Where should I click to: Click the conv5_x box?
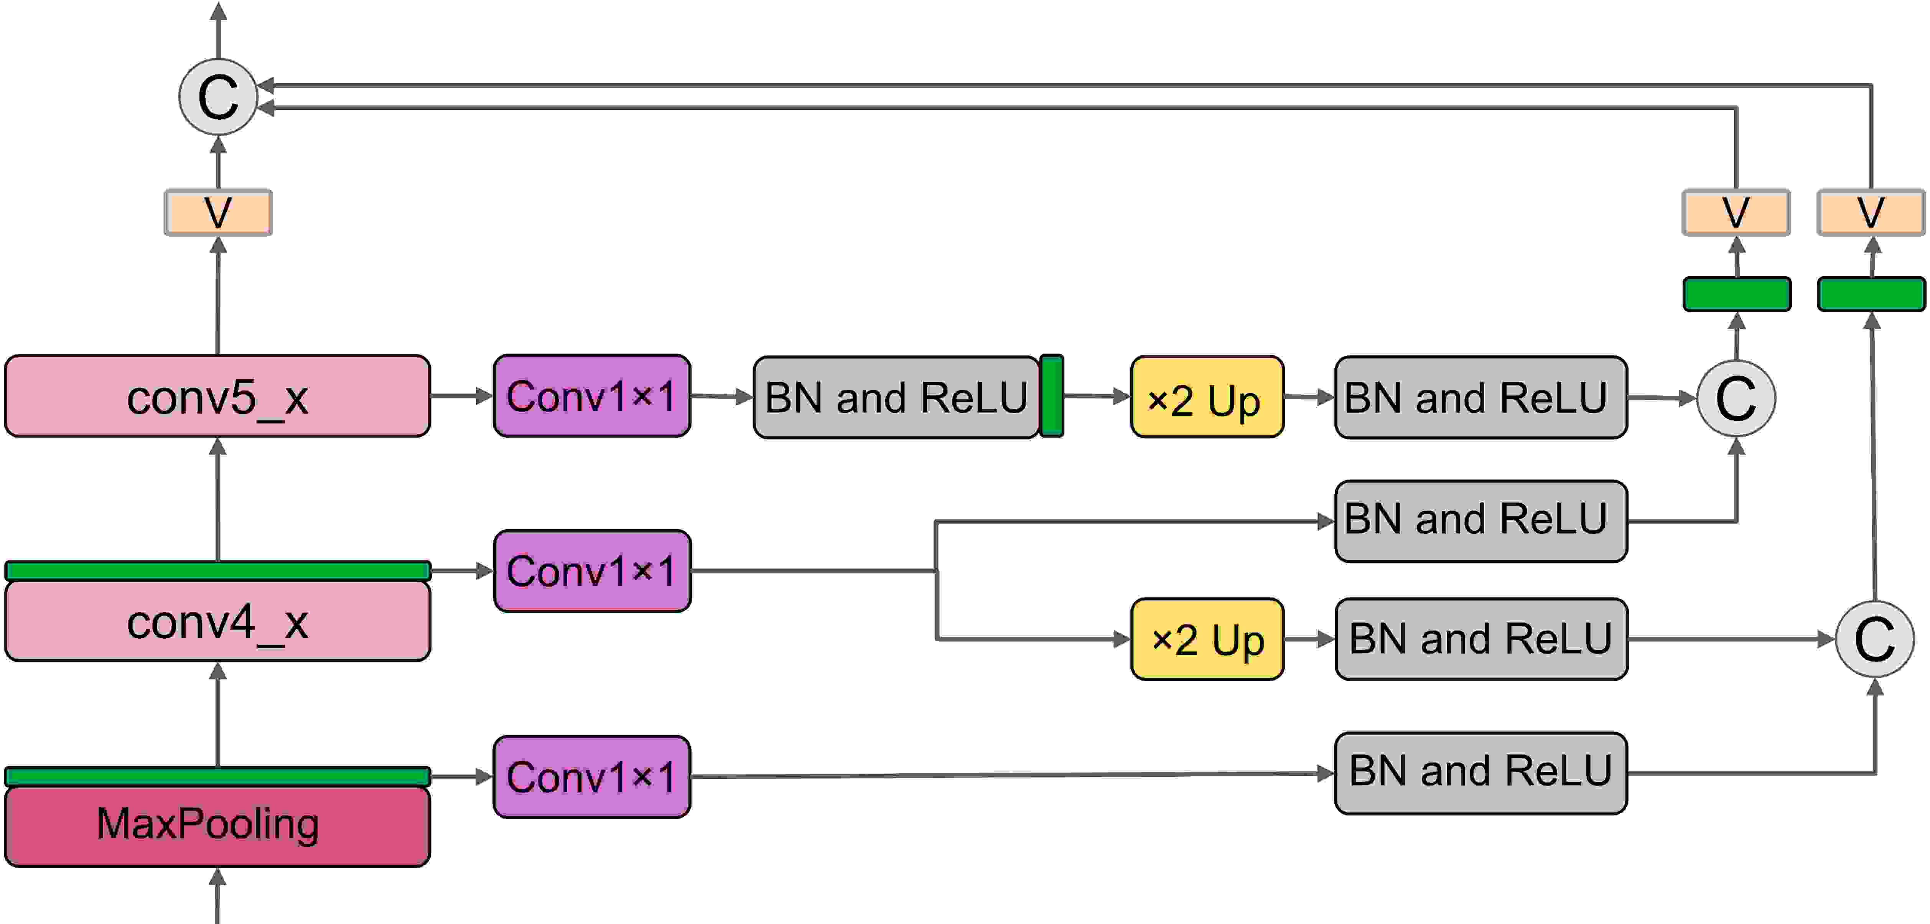click(217, 396)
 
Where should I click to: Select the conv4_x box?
click(217, 621)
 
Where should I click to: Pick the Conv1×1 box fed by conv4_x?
click(592, 571)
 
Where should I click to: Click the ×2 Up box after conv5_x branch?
click(1207, 397)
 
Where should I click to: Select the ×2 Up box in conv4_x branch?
click(1207, 639)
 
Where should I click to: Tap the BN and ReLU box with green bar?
click(897, 397)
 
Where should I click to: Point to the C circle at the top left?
click(218, 97)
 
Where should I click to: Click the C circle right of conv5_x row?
click(1736, 398)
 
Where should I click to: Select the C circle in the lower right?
click(1874, 639)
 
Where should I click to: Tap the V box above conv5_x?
click(218, 213)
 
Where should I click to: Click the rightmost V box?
click(1871, 213)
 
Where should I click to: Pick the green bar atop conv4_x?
click(217, 570)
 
